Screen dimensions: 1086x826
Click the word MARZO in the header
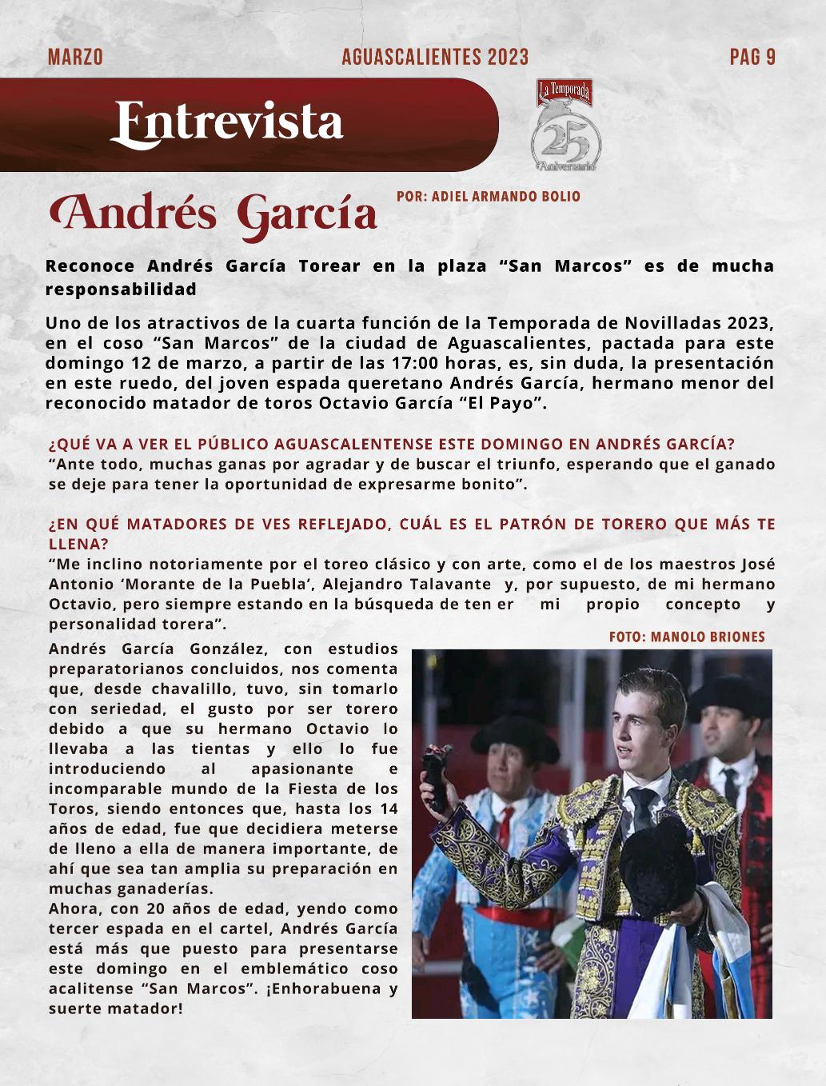click(75, 57)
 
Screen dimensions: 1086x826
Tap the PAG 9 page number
click(752, 57)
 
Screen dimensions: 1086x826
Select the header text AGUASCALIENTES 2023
click(435, 57)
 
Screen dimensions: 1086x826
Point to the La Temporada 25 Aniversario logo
click(566, 126)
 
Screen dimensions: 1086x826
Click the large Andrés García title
click(213, 214)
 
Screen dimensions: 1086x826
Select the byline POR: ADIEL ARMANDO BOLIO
click(489, 196)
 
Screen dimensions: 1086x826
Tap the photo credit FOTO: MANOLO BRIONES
click(687, 637)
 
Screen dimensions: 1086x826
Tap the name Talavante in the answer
click(450, 584)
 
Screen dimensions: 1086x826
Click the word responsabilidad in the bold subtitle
click(121, 289)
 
